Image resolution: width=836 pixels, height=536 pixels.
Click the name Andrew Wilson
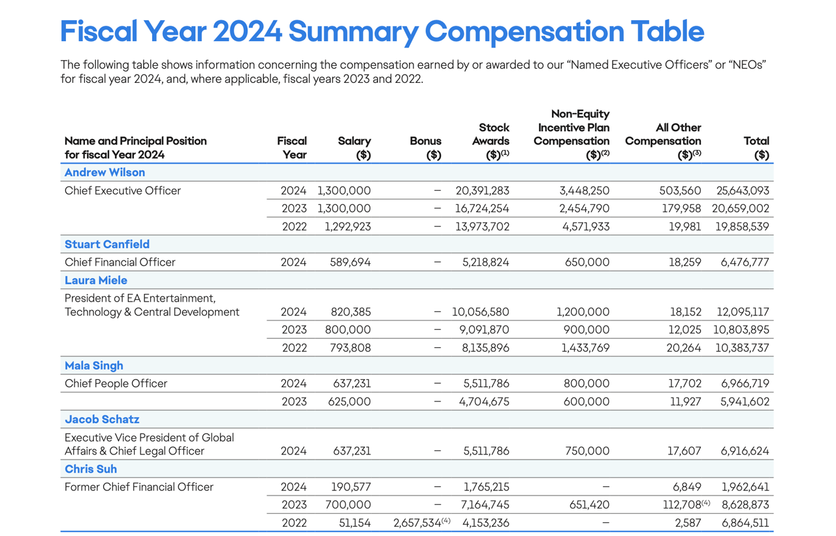pyautogui.click(x=104, y=172)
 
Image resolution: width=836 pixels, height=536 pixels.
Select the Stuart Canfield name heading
pyautogui.click(x=107, y=244)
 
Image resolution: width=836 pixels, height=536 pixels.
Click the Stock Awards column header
pyautogui.click(x=493, y=141)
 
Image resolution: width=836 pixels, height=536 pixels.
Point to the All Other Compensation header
pyautogui.click(x=662, y=141)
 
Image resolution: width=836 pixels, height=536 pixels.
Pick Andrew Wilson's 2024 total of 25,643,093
pyautogui.click(x=743, y=191)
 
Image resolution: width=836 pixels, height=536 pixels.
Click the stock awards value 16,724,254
pyautogui.click(x=482, y=209)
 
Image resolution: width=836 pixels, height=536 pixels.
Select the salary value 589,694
pyautogui.click(x=349, y=262)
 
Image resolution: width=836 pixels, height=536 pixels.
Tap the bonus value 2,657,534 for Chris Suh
pyautogui.click(x=418, y=523)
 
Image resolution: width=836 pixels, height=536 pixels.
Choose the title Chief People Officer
pyautogui.click(x=116, y=383)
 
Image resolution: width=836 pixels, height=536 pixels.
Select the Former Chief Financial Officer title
pyautogui.click(x=139, y=486)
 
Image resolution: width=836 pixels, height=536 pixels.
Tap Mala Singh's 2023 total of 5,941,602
pyautogui.click(x=745, y=402)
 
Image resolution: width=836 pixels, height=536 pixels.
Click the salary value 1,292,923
pyautogui.click(x=347, y=227)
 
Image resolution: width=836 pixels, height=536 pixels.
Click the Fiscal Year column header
pyautogui.click(x=292, y=148)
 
